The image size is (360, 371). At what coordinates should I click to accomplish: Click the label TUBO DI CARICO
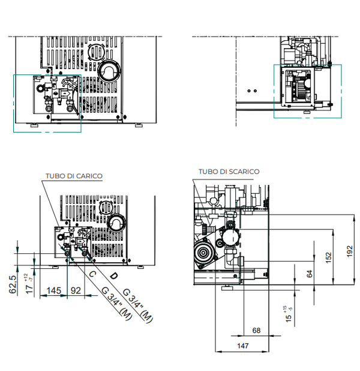pos(74,176)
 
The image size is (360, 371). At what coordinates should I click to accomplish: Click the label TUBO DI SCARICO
pos(230,172)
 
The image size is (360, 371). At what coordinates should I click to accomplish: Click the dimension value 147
pos(243,346)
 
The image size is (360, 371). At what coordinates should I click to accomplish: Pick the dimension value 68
pos(257,330)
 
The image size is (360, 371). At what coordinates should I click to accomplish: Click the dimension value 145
pos(54,291)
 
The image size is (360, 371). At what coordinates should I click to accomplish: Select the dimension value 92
pos(76,291)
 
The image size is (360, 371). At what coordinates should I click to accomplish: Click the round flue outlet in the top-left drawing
pos(109,71)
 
